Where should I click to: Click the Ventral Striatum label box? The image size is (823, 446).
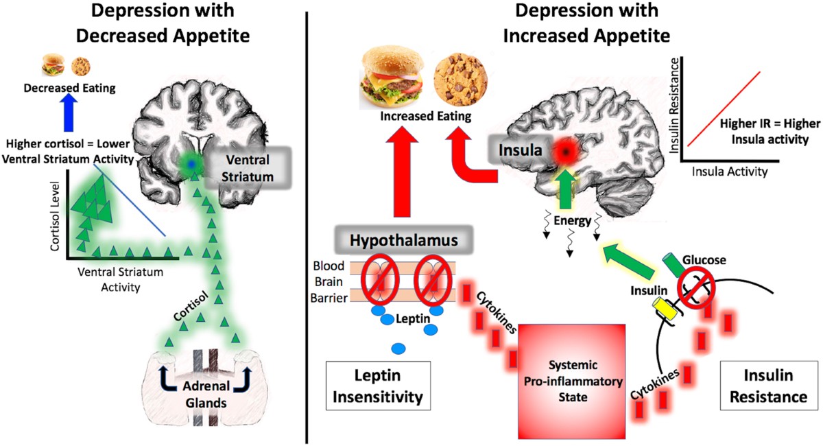pos(248,168)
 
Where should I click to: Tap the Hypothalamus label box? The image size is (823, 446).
pos(403,239)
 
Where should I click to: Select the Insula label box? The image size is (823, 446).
pos(521,150)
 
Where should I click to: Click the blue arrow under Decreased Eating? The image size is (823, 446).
pos(69,113)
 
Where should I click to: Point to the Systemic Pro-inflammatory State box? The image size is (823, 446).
pos(572,382)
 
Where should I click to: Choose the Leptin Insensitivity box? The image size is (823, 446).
pos(378,386)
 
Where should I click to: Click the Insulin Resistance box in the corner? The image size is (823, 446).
pos(768,386)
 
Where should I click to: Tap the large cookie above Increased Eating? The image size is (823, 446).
pos(461,79)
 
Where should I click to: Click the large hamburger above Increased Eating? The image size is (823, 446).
pos(392,78)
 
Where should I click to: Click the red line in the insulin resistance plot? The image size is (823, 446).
pos(724,109)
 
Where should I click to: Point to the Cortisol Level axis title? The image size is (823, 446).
pos(55,216)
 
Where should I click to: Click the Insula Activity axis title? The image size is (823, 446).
pos(730,172)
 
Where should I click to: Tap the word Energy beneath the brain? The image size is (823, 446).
pos(573,221)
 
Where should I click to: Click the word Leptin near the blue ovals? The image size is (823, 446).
pos(413,318)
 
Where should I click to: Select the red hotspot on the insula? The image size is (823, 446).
pos(566,152)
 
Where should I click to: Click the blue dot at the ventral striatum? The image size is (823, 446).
pos(191,165)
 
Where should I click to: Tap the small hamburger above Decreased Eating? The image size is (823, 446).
pos(53,64)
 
